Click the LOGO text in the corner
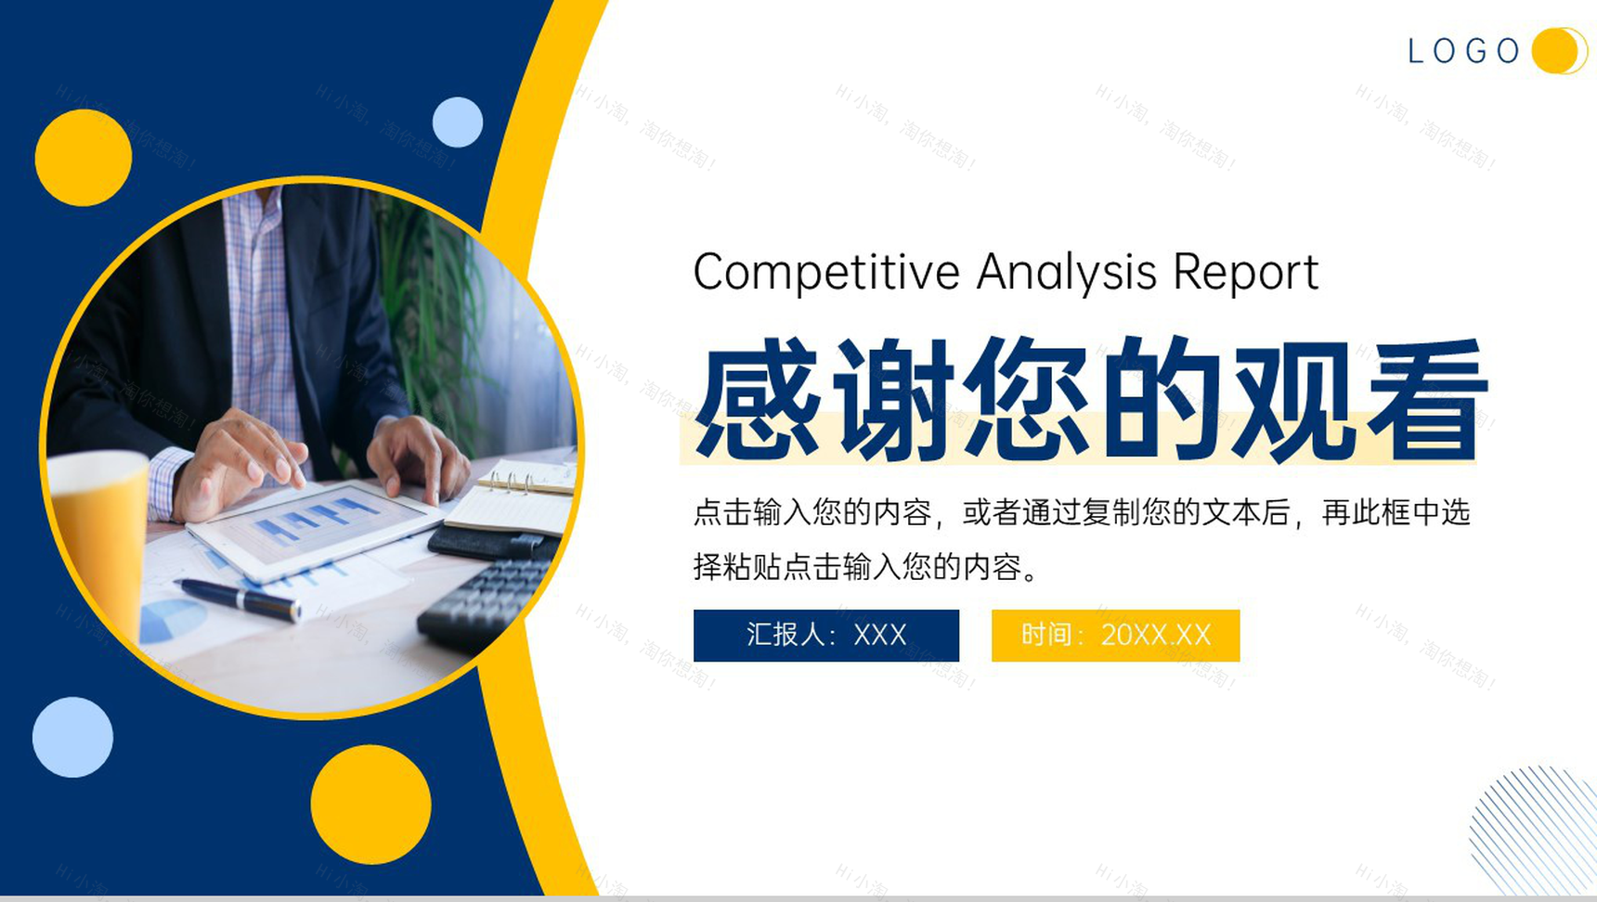point(1463,51)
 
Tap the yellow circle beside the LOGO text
point(1557,50)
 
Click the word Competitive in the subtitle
point(826,273)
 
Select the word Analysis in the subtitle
point(1067,273)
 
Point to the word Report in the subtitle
point(1245,273)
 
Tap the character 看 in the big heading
point(1426,398)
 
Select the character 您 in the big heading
point(1025,398)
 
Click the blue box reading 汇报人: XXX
point(826,635)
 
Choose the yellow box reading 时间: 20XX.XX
point(1115,635)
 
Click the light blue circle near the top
point(458,122)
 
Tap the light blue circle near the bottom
point(72,737)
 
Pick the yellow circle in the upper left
point(84,157)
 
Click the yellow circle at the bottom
point(370,805)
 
